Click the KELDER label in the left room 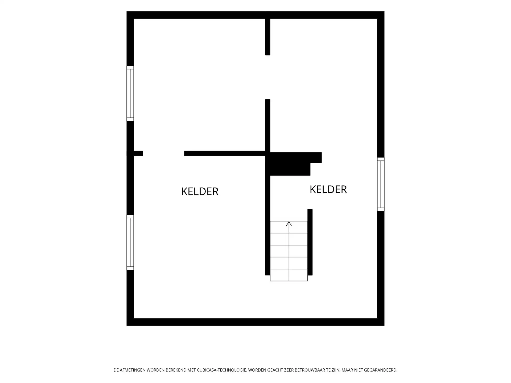200,191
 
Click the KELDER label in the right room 328,189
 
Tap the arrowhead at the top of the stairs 289,224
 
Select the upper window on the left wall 130,93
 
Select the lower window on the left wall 130,242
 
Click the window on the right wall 381,184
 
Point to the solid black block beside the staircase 293,164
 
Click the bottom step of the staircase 289,275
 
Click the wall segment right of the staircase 310,242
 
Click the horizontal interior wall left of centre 225,153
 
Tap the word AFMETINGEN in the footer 132,370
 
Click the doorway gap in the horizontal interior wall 163,153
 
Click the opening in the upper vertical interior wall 268,77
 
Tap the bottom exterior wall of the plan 256,322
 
